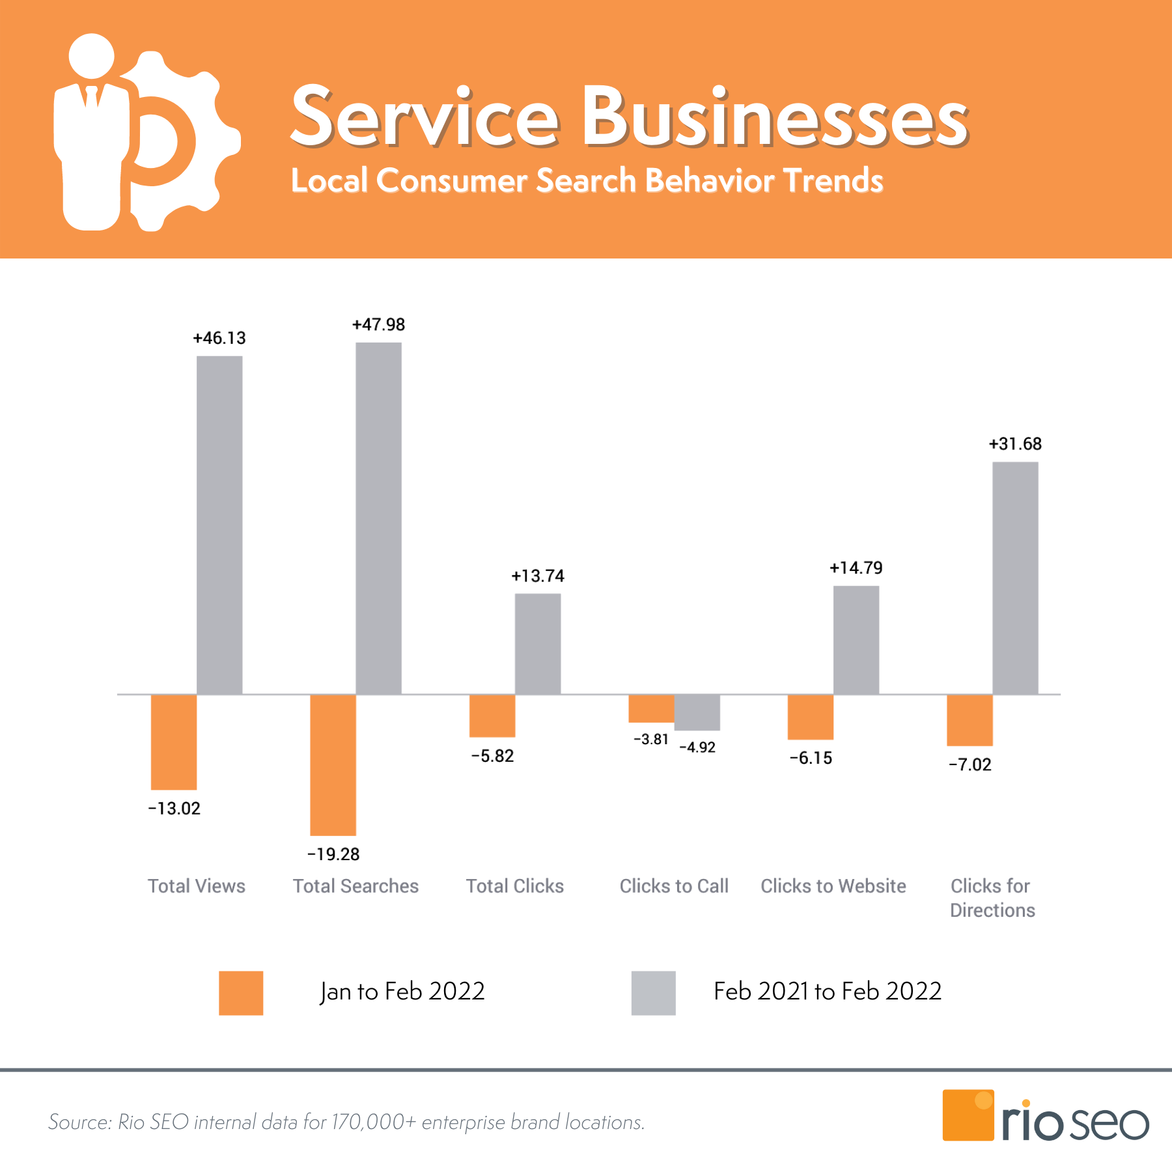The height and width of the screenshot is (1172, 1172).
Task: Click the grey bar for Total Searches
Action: click(378, 518)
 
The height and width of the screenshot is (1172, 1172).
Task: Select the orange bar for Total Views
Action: click(174, 742)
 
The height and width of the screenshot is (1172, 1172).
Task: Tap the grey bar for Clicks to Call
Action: click(697, 712)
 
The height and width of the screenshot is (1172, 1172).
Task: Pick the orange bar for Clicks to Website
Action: click(811, 717)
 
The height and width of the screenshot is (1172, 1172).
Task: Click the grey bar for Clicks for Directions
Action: click(1015, 578)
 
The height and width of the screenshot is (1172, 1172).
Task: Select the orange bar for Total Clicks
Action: click(492, 716)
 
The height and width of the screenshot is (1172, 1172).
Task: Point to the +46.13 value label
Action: click(219, 338)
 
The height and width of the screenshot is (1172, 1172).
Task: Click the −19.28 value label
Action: click(333, 854)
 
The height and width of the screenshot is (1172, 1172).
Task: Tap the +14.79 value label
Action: click(856, 568)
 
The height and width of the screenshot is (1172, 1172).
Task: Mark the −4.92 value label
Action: click(697, 747)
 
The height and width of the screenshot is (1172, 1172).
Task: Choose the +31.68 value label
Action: click(1015, 444)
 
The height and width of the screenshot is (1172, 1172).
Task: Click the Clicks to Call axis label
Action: click(674, 886)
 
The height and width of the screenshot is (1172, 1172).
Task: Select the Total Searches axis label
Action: click(356, 886)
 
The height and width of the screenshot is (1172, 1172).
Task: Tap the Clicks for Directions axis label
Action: click(992, 898)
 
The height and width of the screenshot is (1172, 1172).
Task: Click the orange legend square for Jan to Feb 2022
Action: click(241, 993)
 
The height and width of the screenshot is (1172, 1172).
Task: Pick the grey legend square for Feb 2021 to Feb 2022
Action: click(653, 993)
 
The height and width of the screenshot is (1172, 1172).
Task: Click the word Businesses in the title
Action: click(775, 117)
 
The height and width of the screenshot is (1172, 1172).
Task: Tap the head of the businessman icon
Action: click(92, 55)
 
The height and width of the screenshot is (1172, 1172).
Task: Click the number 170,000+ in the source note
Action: click(374, 1123)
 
